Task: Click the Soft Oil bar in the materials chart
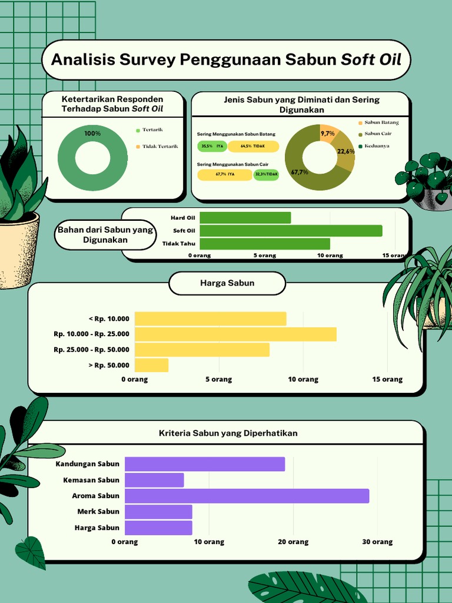tap(291, 231)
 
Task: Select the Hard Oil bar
tap(245, 218)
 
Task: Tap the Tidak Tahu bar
tap(265, 243)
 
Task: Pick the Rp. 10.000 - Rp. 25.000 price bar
tap(235, 334)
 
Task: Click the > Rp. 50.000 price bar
tap(151, 366)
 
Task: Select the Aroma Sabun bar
tap(247, 496)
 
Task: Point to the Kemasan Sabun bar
tap(154, 480)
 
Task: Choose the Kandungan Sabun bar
tap(205, 464)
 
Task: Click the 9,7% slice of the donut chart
tap(328, 134)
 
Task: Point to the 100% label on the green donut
tap(92, 134)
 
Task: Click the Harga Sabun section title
tap(227, 283)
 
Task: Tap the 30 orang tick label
tap(377, 542)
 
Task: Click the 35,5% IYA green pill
tap(212, 146)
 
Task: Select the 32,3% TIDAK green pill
tap(266, 174)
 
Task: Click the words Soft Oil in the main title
tap(371, 59)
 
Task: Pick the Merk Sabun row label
tap(98, 512)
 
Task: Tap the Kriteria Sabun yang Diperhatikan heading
tap(228, 433)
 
